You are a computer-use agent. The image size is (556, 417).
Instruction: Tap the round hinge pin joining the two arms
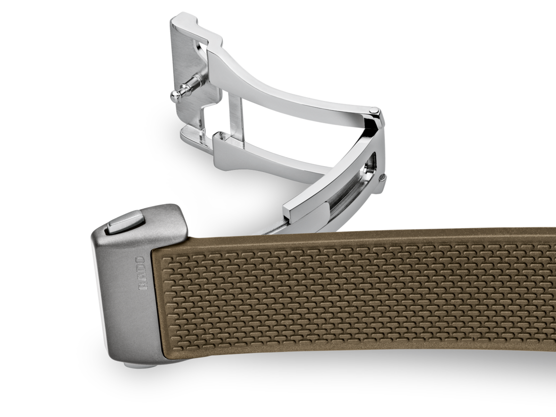point(373,111)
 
